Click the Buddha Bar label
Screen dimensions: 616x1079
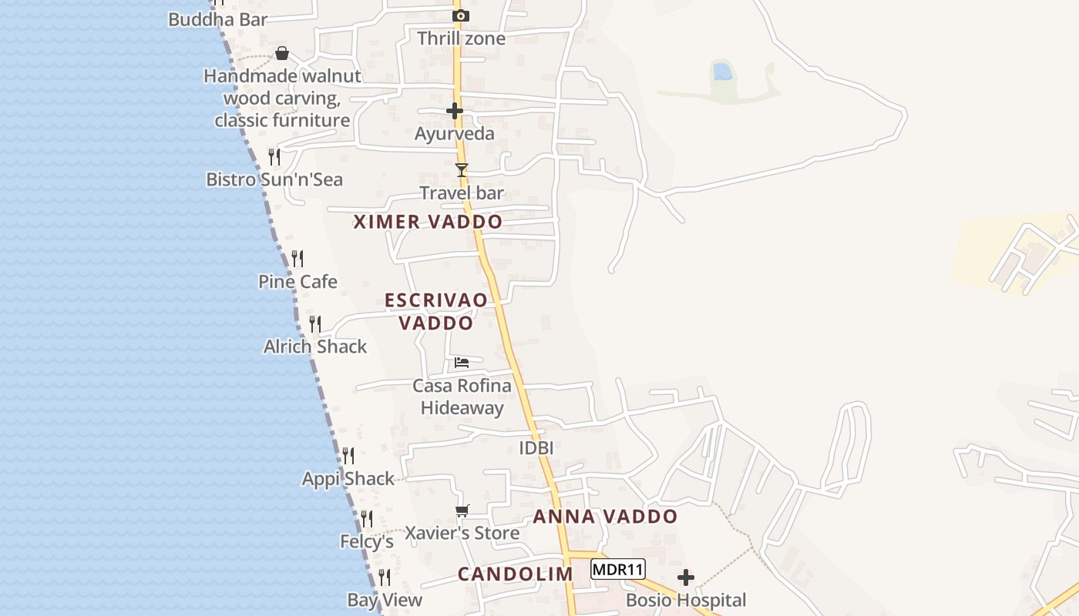pyautogui.click(x=217, y=19)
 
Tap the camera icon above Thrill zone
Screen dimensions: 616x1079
pyautogui.click(x=461, y=15)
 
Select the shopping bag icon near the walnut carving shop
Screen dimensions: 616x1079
pyautogui.click(x=282, y=53)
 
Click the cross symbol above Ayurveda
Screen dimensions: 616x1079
pyautogui.click(x=455, y=111)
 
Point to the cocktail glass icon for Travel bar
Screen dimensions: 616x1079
pyautogui.click(x=462, y=170)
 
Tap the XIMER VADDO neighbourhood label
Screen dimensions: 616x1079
pyautogui.click(x=428, y=222)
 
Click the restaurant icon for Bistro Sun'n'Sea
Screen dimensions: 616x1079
pyautogui.click(x=274, y=157)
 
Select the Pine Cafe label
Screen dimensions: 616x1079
pyautogui.click(x=297, y=282)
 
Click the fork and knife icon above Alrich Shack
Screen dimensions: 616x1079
pyautogui.click(x=315, y=323)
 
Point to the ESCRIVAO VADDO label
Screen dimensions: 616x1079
pyautogui.click(x=436, y=311)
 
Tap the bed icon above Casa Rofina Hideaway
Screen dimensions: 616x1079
pyautogui.click(x=462, y=362)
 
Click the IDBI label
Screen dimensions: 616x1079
pyautogui.click(x=536, y=448)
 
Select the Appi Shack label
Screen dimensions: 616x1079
pyautogui.click(x=348, y=479)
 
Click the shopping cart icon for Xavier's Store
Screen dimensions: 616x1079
pyautogui.click(x=462, y=511)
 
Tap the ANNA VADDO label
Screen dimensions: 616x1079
pyautogui.click(x=605, y=517)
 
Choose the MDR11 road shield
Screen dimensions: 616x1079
pyautogui.click(x=617, y=570)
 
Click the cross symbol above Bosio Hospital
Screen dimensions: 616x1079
pyautogui.click(x=686, y=577)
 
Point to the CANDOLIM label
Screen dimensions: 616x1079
pyautogui.click(x=515, y=574)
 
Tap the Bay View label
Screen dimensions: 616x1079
pyautogui.click(x=385, y=600)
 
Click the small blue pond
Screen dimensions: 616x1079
pyautogui.click(x=722, y=72)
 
